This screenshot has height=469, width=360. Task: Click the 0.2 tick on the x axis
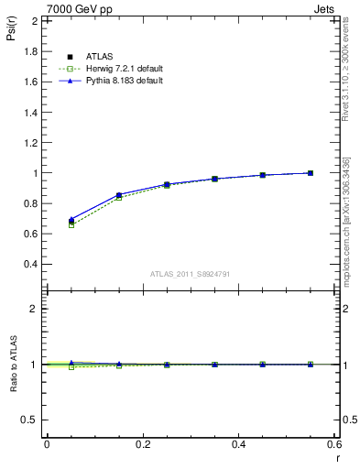point(142,443)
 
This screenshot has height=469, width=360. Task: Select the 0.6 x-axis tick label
point(334,443)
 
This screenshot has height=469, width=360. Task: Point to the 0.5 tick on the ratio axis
point(32,420)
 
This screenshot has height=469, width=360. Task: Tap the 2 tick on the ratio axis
point(36,309)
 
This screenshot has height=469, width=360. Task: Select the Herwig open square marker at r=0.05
point(71,224)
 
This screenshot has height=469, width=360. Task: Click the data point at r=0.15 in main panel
point(119,195)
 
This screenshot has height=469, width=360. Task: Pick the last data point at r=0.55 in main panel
point(311,173)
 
